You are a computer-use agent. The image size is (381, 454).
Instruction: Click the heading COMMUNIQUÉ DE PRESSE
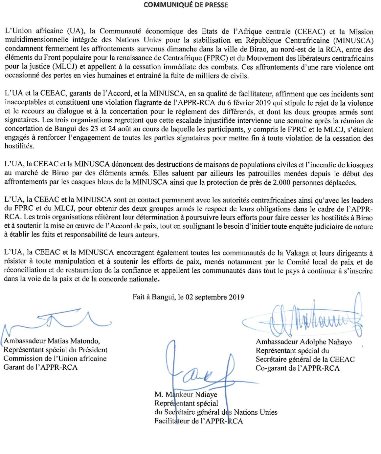190,5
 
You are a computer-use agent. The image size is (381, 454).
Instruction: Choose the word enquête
306,227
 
